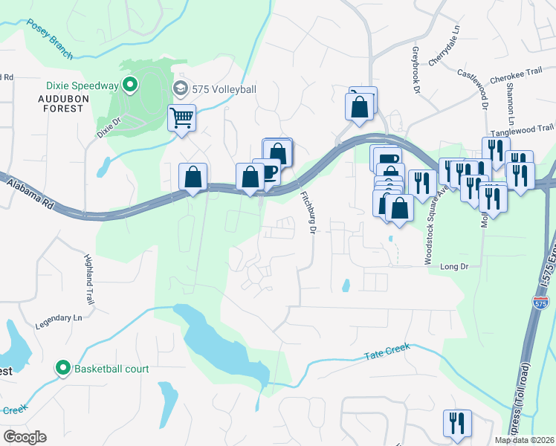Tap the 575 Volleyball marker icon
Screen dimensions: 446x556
(180, 89)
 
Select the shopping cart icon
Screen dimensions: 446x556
(182, 118)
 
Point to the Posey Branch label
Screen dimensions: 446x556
(49, 35)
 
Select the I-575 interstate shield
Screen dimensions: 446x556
(541, 302)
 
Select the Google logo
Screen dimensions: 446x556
(25, 436)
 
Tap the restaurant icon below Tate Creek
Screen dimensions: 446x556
(456, 423)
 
